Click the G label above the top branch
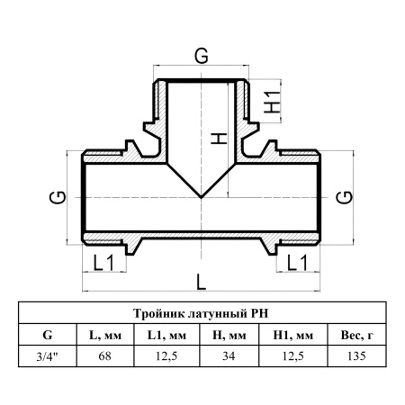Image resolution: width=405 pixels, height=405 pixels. (x=202, y=56)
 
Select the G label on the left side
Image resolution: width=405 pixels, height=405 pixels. (x=58, y=197)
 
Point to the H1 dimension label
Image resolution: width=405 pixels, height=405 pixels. (x=272, y=102)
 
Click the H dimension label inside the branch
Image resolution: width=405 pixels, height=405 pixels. (x=219, y=139)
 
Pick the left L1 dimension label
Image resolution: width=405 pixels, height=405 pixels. (x=103, y=263)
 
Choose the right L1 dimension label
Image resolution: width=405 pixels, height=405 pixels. (x=297, y=263)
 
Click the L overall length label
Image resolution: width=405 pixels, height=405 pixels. (x=202, y=283)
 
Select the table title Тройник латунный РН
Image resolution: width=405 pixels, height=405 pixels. (x=201, y=313)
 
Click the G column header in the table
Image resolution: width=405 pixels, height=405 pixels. (x=48, y=335)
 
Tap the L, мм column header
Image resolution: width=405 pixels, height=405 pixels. (x=105, y=336)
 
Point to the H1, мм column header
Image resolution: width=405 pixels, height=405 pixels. (x=293, y=335)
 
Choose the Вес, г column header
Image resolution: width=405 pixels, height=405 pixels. (x=357, y=335)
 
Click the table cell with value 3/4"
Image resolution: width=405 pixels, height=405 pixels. (x=48, y=356)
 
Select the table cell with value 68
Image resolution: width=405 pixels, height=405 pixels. (x=104, y=356)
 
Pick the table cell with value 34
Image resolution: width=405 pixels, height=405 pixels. (x=229, y=356)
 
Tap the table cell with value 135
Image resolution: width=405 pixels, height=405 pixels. (x=356, y=356)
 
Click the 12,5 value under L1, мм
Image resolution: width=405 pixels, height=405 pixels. (x=166, y=356)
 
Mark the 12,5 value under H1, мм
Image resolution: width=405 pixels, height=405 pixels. (x=293, y=356)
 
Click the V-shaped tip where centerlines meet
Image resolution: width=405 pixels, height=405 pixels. (x=201, y=197)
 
